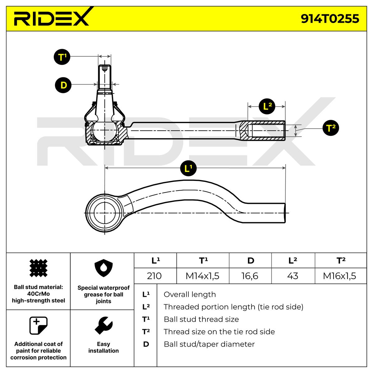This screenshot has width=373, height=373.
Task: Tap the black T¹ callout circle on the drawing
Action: [x=62, y=57]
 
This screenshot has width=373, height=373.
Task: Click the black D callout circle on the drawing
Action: [x=63, y=85]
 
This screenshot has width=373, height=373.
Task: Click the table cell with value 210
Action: [x=154, y=276]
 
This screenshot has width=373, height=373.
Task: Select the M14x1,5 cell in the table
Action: [x=202, y=276]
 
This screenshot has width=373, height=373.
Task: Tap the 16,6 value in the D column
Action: [x=250, y=276]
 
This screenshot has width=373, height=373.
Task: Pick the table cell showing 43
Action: [x=293, y=276]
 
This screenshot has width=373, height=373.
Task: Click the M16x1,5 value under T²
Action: [x=340, y=276]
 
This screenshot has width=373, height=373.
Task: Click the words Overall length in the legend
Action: [x=190, y=294]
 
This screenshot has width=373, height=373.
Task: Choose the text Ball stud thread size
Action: [x=201, y=319]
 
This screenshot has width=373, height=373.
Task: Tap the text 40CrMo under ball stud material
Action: [x=39, y=294]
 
